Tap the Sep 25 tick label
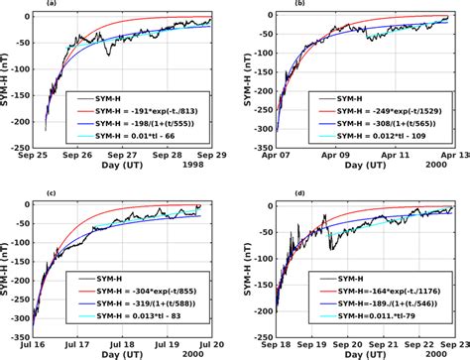41,156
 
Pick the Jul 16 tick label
41,332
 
